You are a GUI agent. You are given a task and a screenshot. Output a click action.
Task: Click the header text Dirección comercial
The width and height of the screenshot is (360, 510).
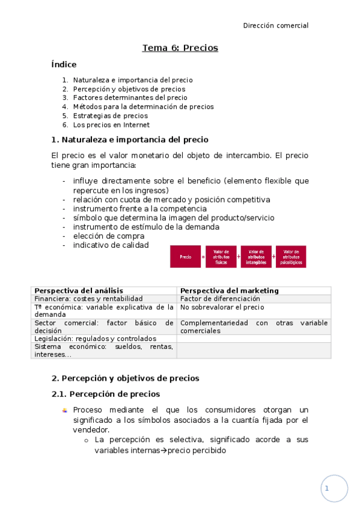275,25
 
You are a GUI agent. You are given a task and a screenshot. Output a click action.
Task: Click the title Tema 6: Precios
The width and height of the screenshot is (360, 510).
180,48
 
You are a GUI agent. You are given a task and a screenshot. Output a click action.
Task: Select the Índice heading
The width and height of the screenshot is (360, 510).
64,64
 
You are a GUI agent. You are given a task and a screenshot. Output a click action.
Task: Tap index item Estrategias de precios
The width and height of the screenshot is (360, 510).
110,116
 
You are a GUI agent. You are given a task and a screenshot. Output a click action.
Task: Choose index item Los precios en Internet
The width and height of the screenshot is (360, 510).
111,125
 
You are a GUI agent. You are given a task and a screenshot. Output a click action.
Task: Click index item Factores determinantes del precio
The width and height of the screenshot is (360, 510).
130,97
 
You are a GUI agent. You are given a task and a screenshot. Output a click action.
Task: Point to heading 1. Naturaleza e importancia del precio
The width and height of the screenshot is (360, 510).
130,140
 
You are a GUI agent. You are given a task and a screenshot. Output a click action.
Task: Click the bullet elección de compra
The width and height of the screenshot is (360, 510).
109,236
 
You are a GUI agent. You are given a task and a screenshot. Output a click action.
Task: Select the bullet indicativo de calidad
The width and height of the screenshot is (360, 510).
111,245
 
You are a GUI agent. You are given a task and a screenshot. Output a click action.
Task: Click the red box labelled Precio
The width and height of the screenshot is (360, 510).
185,257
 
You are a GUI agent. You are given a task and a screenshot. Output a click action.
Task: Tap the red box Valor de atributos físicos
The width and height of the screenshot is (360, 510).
221,257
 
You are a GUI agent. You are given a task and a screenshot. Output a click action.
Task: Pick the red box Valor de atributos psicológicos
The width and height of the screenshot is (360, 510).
291,257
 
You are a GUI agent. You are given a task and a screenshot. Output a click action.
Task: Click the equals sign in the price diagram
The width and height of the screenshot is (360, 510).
203,257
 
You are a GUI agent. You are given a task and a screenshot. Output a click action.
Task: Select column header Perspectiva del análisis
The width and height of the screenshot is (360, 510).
79,290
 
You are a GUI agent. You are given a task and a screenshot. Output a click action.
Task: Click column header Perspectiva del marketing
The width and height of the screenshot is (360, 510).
230,290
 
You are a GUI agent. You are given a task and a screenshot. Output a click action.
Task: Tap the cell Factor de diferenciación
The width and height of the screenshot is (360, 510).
220,298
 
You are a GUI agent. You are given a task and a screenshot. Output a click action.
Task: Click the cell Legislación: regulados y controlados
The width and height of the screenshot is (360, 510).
95,339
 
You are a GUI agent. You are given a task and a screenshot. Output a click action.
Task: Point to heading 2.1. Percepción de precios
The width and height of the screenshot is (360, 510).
106,394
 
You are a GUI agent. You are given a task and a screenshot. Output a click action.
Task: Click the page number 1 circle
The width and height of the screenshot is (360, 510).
334,488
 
